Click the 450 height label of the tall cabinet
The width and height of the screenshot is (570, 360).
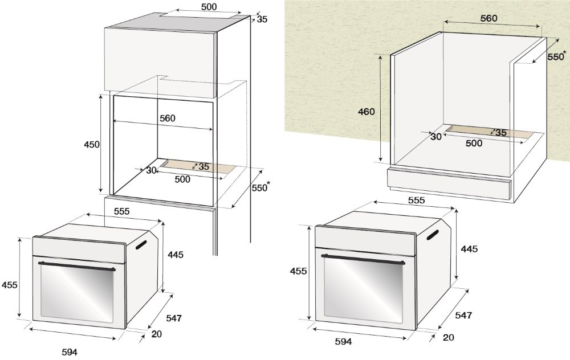coord(92,145)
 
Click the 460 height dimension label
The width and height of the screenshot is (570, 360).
coord(366,112)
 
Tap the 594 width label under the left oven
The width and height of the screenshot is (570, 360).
coord(70,352)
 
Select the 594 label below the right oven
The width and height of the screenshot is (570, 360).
coord(344,341)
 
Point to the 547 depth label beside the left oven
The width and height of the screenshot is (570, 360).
coord(174,318)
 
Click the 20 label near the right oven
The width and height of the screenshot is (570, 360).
coord(448,337)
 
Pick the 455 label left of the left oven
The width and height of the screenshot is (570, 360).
coord(10,285)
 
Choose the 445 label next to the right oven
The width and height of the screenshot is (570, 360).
coord(469,249)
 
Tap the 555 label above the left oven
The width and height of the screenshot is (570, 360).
coord(121,211)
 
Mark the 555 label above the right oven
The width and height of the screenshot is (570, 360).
coord(416,200)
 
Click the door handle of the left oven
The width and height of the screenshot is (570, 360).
coord(77,266)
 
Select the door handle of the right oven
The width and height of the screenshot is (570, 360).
coord(363,259)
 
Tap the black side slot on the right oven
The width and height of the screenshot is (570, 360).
coord(432,234)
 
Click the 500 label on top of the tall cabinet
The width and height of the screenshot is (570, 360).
coord(209,7)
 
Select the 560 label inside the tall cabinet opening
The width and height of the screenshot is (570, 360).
coord(168,118)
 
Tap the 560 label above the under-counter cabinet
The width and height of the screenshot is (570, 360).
coord(488,18)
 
